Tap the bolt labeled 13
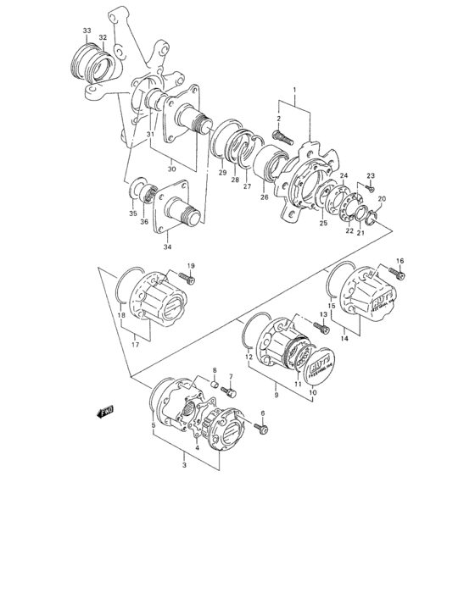(322, 327)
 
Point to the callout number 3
(184, 466)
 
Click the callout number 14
(346, 338)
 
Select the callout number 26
(264, 199)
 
